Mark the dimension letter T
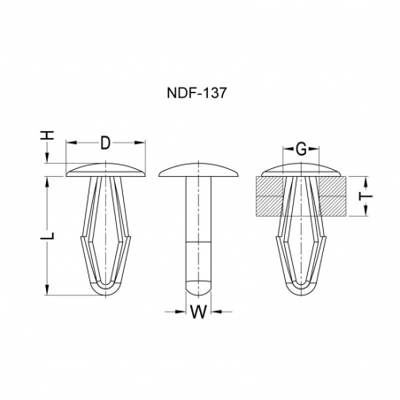pyautogui.click(x=363, y=196)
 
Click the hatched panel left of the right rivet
pyautogui.click(x=269, y=196)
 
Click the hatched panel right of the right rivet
pyautogui.click(x=331, y=196)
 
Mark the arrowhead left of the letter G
pyautogui.click(x=285, y=148)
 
